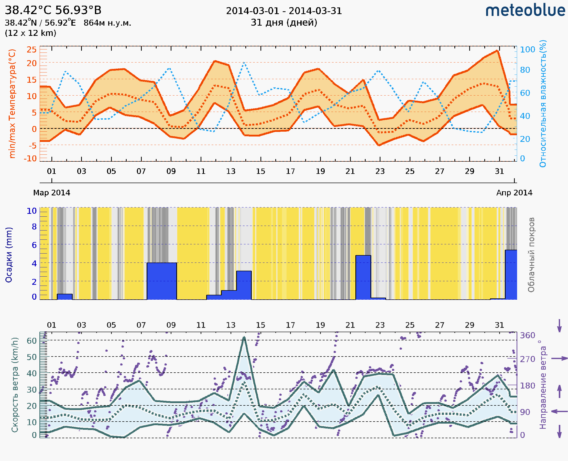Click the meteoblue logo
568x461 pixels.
point(525,11)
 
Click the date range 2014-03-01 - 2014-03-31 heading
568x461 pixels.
point(284,11)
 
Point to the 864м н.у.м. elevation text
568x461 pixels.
point(107,23)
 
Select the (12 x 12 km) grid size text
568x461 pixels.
point(30,33)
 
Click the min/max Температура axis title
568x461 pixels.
point(12,103)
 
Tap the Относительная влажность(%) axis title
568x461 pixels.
point(543,103)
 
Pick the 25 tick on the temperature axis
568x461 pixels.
point(31,49)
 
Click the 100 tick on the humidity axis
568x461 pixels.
point(527,49)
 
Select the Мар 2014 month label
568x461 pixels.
point(52,193)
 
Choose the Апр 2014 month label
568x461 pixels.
point(514,193)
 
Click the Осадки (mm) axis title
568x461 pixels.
point(9,255)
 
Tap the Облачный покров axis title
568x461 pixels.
point(531,255)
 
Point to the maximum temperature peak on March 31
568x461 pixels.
point(497,51)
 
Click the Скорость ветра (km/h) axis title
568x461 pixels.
point(15,385)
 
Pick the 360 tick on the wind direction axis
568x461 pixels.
point(527,336)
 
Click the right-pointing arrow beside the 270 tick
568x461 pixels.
point(559,359)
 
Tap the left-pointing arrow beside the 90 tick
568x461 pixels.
point(559,411)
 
